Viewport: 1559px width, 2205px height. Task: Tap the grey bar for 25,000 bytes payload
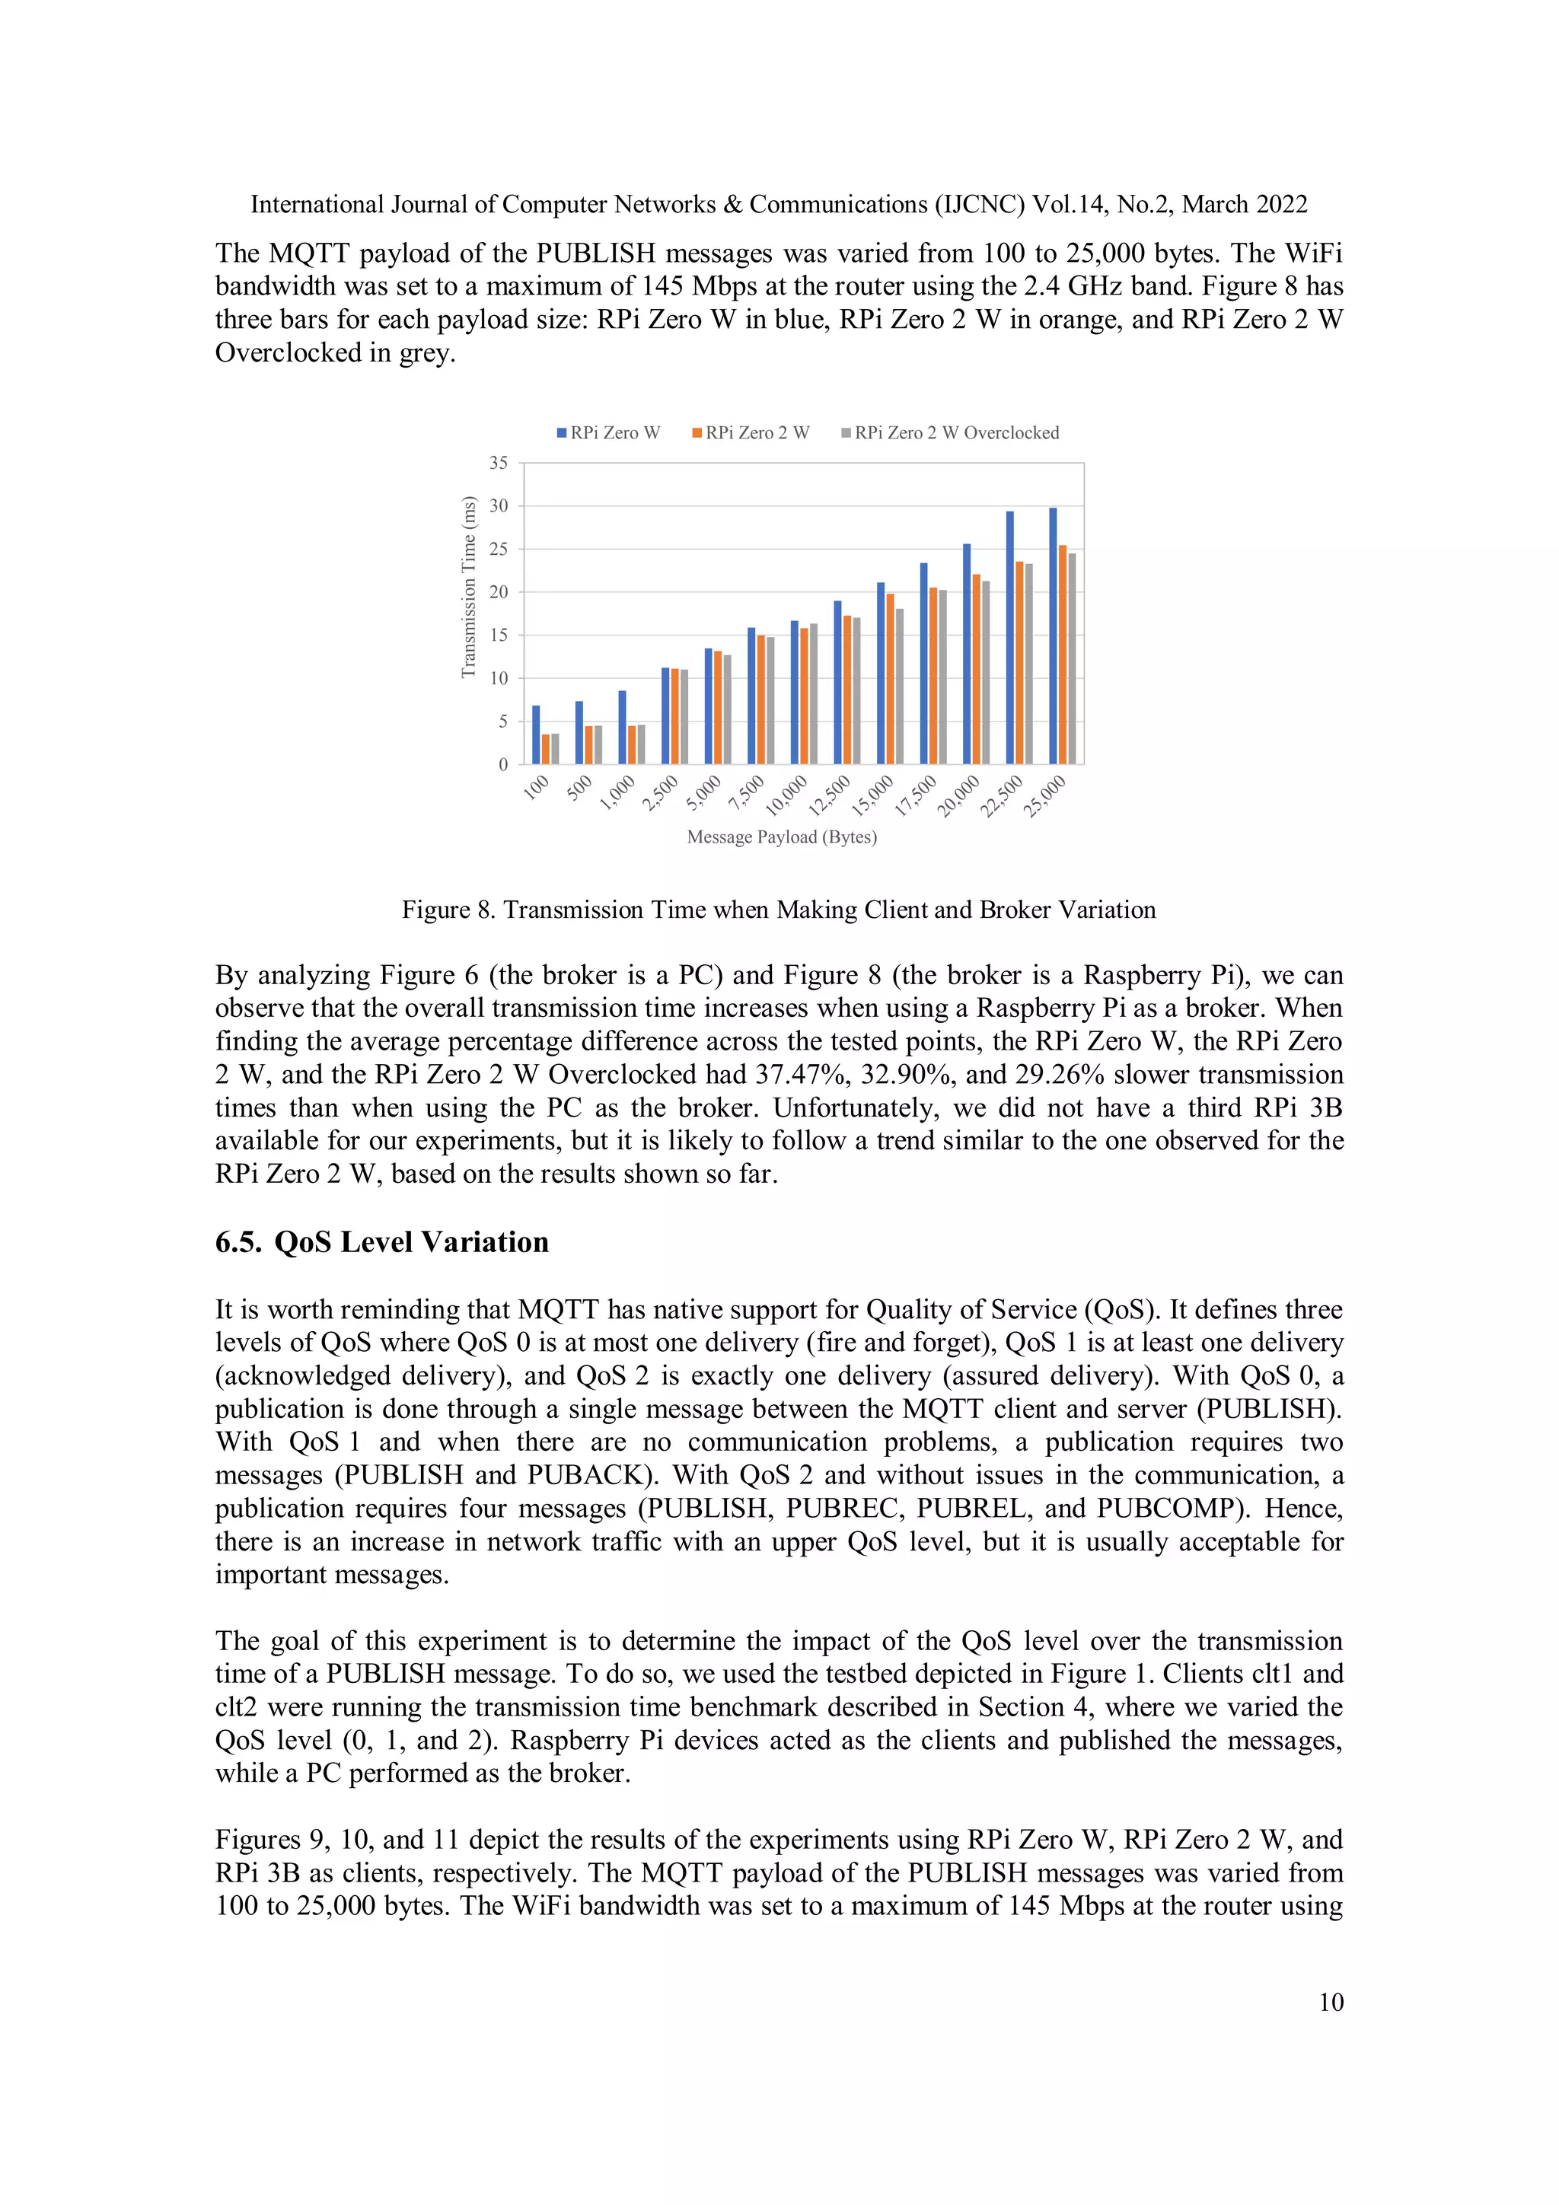coord(1072,659)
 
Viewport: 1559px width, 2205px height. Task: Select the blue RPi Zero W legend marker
coord(562,433)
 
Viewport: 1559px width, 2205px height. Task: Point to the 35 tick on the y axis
coord(499,463)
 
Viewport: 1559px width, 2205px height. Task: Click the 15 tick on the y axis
coord(499,635)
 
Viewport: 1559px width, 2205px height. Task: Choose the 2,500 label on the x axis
coord(661,793)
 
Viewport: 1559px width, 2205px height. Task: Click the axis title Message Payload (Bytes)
coord(782,836)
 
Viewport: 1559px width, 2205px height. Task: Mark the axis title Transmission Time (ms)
coord(469,587)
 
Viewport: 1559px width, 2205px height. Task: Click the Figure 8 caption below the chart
coord(778,910)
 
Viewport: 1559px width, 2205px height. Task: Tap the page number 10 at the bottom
coord(1331,2003)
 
